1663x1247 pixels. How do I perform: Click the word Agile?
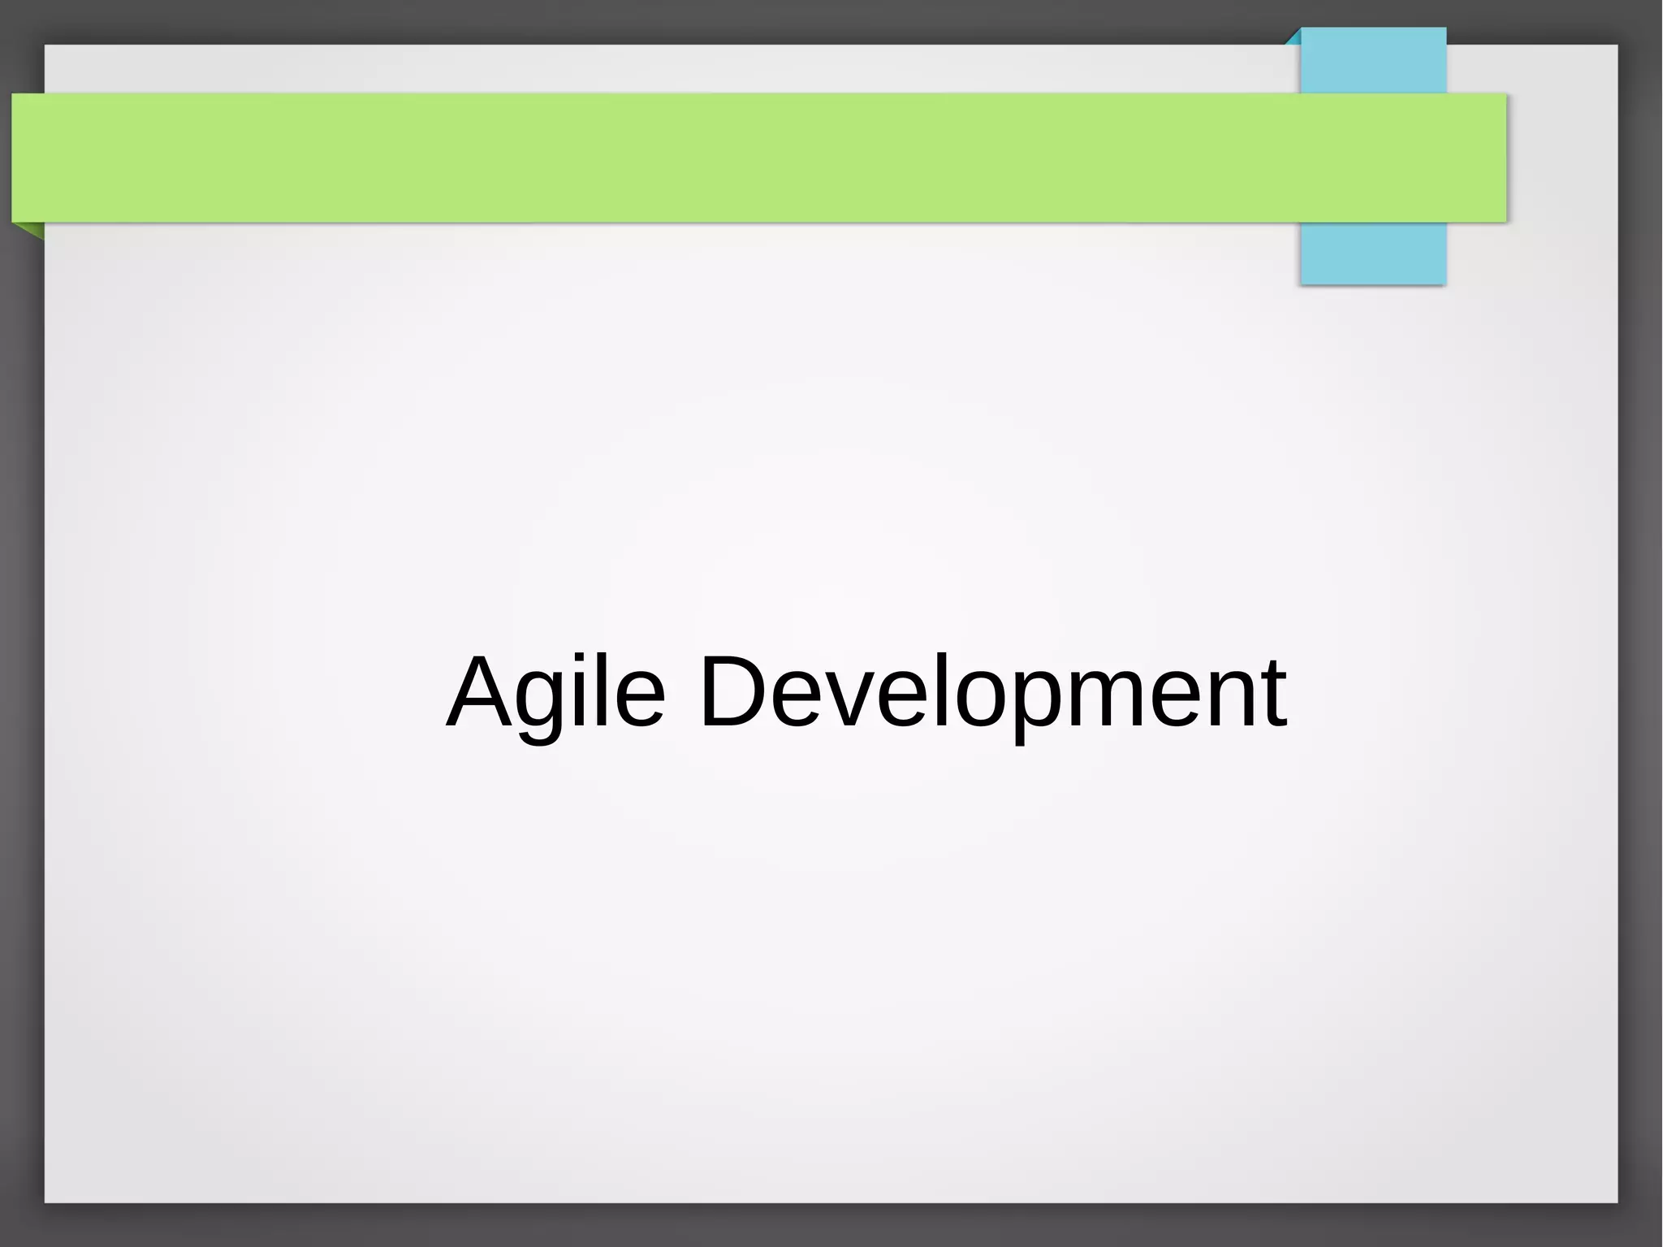(x=556, y=692)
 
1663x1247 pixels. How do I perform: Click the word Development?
(x=992, y=692)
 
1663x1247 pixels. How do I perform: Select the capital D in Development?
(x=733, y=692)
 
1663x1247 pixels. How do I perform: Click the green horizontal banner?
(x=731, y=158)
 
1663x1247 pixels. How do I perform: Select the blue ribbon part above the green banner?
(x=1372, y=61)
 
